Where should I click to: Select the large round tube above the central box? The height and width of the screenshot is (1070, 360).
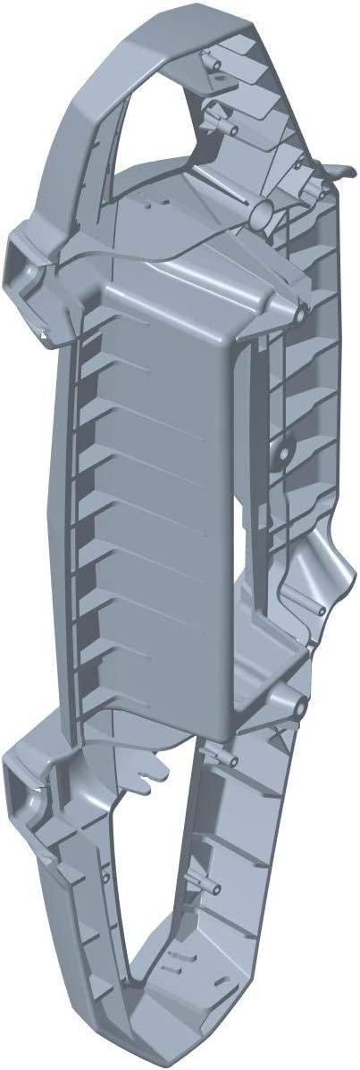[265, 215]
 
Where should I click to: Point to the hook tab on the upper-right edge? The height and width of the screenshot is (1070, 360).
[338, 179]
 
